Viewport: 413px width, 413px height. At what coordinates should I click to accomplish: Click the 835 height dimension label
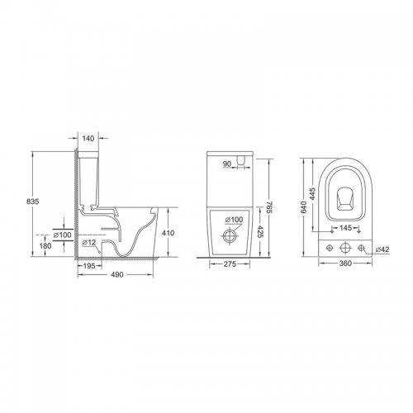33,202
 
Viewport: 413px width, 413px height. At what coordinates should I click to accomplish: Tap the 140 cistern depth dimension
88,138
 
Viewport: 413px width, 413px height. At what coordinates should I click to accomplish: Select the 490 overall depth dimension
117,274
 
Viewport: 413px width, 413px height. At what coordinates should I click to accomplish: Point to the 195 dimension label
89,266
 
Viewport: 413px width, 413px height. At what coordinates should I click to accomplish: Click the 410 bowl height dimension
168,233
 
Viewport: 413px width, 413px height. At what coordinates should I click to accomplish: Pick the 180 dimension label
45,245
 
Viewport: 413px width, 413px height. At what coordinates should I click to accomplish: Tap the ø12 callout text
89,242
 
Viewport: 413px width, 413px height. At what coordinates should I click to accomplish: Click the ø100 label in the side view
62,235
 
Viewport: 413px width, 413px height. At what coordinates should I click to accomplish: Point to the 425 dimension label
258,232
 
